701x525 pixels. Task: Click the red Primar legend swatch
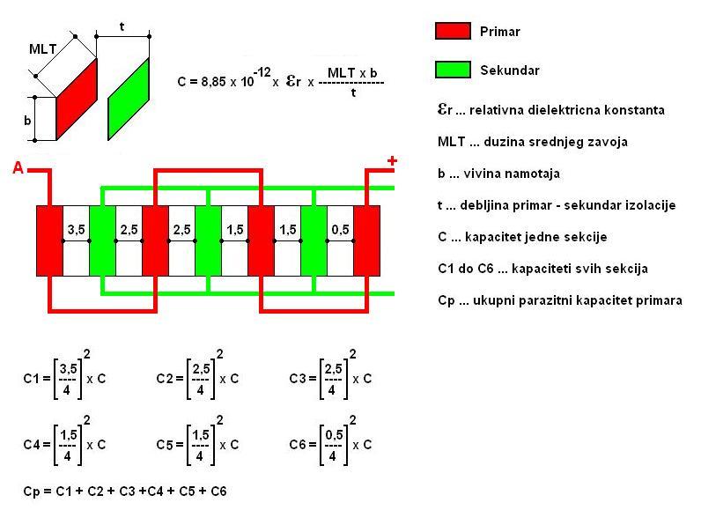tap(454, 32)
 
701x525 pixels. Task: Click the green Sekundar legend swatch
tap(454, 70)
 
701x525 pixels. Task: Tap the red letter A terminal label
tap(18, 168)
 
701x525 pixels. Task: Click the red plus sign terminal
tap(392, 161)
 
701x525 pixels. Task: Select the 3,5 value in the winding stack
tap(76, 230)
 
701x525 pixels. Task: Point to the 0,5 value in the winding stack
tap(340, 230)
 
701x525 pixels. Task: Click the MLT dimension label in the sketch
tap(42, 49)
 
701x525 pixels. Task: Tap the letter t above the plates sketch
tap(122, 26)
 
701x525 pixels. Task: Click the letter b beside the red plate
tap(27, 122)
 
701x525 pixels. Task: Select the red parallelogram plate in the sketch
tap(76, 99)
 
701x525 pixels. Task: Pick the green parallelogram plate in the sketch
tap(129, 99)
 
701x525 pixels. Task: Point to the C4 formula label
tap(33, 445)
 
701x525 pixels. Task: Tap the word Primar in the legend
tap(500, 32)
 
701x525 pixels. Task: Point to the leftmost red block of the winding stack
tap(49, 240)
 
